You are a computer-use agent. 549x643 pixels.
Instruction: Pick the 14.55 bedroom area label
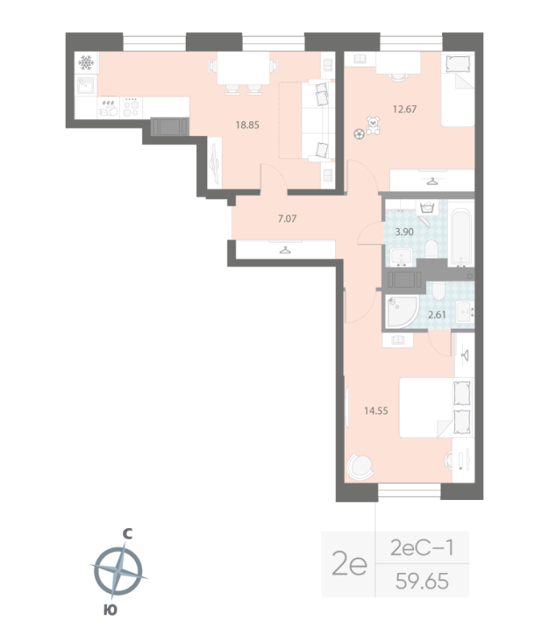click(x=377, y=410)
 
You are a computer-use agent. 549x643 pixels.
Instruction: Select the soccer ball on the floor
click(x=358, y=134)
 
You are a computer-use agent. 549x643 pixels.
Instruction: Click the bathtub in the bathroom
click(x=461, y=239)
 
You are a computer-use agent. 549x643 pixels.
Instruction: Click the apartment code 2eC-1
click(x=421, y=548)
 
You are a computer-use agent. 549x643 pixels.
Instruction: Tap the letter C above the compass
click(x=126, y=533)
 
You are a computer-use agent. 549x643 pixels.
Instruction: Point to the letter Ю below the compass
click(x=110, y=611)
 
